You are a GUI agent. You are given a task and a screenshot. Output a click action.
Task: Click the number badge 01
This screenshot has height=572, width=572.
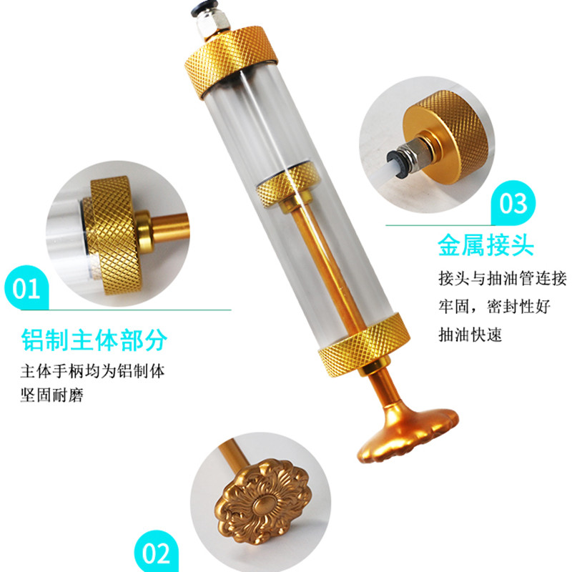(x=26, y=288)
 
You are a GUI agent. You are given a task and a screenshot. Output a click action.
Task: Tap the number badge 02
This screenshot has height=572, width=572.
(x=156, y=551)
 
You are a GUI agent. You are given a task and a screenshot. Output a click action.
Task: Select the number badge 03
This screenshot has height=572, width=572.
(x=513, y=203)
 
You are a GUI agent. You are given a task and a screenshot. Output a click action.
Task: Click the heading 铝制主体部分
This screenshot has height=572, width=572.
(x=94, y=340)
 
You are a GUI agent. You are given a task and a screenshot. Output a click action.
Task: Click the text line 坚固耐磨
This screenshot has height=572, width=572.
(x=51, y=395)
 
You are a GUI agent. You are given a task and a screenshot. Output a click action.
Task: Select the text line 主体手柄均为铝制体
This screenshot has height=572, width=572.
(x=93, y=371)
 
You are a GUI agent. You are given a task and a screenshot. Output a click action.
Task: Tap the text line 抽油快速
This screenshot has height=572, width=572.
(x=470, y=335)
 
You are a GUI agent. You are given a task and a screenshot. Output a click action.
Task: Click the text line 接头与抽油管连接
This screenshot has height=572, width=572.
(x=503, y=279)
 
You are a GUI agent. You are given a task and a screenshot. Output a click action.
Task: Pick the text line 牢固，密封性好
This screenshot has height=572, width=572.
(x=494, y=307)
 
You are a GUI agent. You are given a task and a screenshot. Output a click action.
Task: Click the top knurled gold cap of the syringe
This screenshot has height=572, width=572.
(x=231, y=62)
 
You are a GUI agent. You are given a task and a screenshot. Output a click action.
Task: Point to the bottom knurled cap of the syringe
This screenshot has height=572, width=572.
(x=364, y=345)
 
